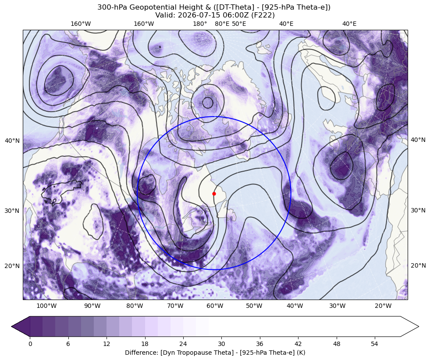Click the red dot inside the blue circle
point(214,194)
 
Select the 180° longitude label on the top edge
point(200,24)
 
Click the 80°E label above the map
point(222,24)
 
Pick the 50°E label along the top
point(239,24)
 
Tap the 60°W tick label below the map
point(215,306)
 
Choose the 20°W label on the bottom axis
point(383,306)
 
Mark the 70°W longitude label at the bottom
point(175,306)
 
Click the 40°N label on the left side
point(12,141)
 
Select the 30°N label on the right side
point(418,210)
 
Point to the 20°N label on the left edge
point(12,266)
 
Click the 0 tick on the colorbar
point(30,344)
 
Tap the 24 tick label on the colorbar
point(183,344)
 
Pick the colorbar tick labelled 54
point(375,344)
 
